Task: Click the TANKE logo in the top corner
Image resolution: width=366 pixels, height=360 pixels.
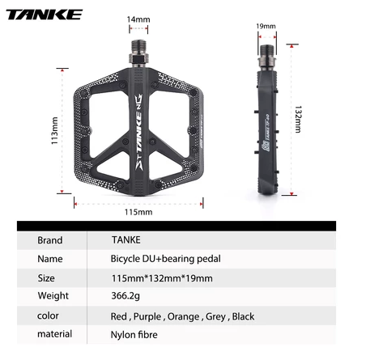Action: (46, 14)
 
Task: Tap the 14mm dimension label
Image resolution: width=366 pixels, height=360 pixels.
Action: (138, 19)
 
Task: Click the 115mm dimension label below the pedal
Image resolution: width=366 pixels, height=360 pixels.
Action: (138, 212)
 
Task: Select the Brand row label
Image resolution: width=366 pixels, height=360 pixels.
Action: (50, 239)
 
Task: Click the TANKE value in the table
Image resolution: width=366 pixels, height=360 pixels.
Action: (128, 239)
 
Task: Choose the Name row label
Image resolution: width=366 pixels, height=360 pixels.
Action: (50, 259)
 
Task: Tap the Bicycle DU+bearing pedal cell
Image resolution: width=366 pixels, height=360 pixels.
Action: (165, 259)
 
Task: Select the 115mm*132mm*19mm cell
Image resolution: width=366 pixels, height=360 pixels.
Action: (161, 278)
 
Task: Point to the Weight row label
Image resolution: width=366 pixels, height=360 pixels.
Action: (53, 296)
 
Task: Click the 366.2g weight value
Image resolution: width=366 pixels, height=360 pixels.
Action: (127, 296)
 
